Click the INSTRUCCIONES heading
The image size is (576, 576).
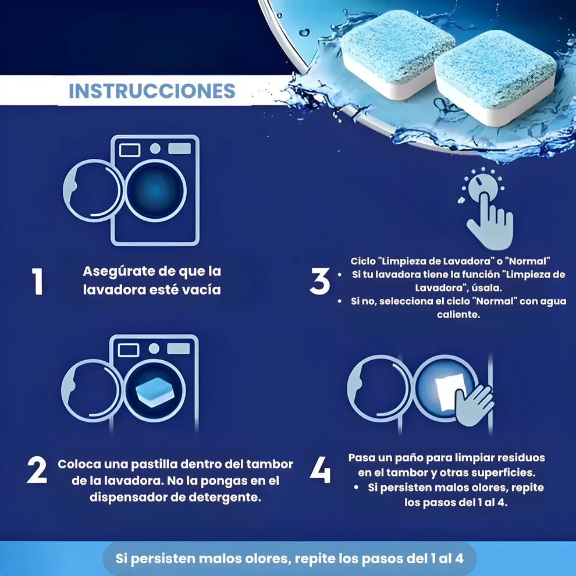click(152, 91)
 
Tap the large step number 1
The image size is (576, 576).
click(38, 281)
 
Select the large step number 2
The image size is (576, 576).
click(37, 471)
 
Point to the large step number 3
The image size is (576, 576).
click(319, 281)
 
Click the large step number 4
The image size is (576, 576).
click(320, 470)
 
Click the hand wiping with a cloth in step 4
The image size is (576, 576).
click(474, 403)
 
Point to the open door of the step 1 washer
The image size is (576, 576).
click(92, 190)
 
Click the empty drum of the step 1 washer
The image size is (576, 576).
click(155, 190)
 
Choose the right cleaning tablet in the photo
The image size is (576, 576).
click(496, 76)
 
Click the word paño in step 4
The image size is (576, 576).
click(415, 457)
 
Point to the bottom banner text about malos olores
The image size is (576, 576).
click(289, 559)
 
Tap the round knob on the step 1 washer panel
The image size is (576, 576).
click(155, 148)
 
